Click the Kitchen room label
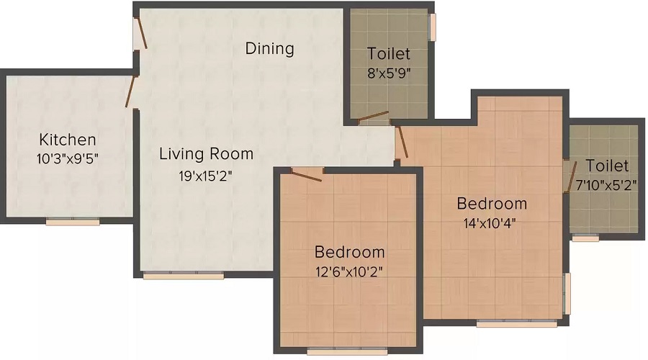pyautogui.click(x=67, y=140)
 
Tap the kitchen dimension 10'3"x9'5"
pyautogui.click(x=67, y=158)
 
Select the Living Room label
pyautogui.click(x=206, y=153)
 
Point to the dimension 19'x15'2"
pyautogui.click(x=206, y=174)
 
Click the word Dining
pyautogui.click(x=270, y=49)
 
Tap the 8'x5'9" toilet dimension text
pyautogui.click(x=389, y=73)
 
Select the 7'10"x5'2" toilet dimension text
pyautogui.click(x=606, y=185)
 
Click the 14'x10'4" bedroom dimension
pyautogui.click(x=491, y=222)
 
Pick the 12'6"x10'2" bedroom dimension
pyautogui.click(x=349, y=272)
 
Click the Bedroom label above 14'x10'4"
pyautogui.click(x=492, y=204)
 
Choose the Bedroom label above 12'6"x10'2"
pyautogui.click(x=349, y=253)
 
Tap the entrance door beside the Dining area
pyautogui.click(x=141, y=33)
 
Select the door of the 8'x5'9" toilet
pyautogui.click(x=374, y=117)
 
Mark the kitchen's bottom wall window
pyautogui.click(x=73, y=222)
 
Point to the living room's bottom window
pyautogui.click(x=183, y=275)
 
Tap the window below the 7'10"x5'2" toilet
pyautogui.click(x=585, y=238)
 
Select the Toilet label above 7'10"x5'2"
pyautogui.click(x=606, y=166)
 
